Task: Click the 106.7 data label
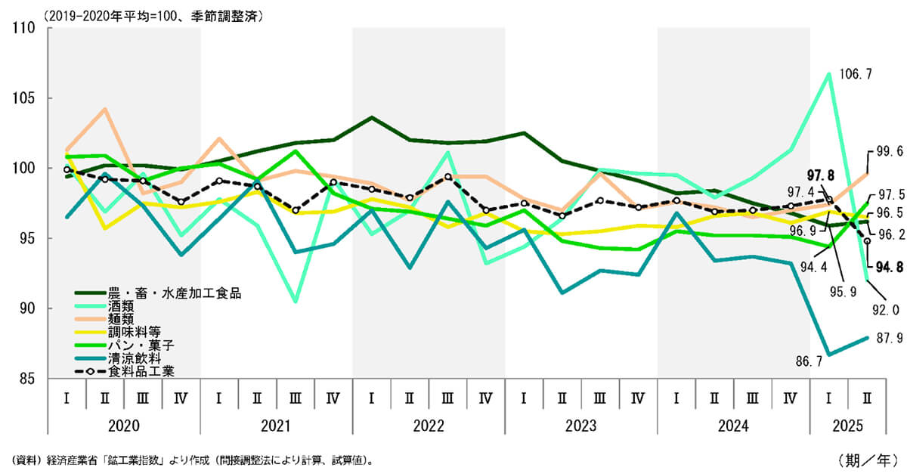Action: click(855, 74)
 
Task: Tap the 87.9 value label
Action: click(890, 338)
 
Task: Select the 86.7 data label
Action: click(809, 361)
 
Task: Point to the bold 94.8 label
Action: click(890, 267)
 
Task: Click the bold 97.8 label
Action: click(820, 175)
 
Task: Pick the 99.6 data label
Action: click(890, 151)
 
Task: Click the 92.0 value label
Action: click(886, 310)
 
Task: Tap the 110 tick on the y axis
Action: click(24, 28)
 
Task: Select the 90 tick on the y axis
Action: click(27, 308)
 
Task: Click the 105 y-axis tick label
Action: click(24, 98)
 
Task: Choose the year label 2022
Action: click(429, 426)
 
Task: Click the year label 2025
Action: click(848, 426)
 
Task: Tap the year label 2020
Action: click(124, 426)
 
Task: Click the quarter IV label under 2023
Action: click(638, 398)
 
